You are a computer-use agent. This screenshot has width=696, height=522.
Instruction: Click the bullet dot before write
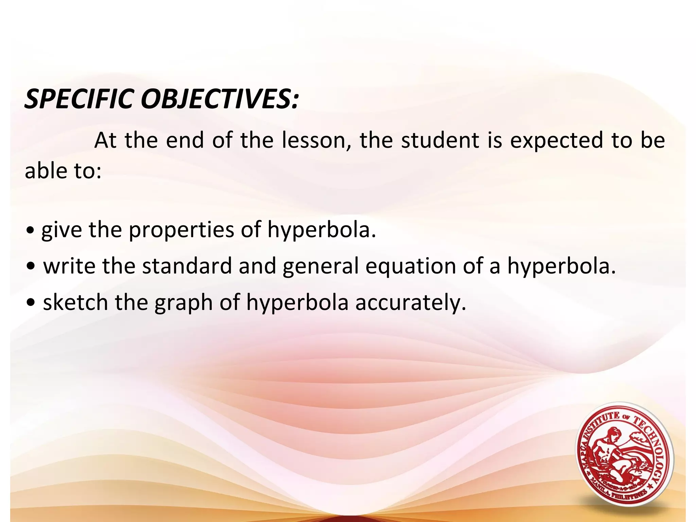click(x=31, y=267)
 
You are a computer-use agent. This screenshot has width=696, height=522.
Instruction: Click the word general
click(x=320, y=266)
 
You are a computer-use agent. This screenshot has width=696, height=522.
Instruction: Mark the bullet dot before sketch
click(x=31, y=303)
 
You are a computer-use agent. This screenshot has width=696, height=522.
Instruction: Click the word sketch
click(x=75, y=302)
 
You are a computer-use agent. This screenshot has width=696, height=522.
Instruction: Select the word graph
click(x=184, y=303)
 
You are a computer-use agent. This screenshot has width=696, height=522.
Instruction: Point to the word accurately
click(x=410, y=302)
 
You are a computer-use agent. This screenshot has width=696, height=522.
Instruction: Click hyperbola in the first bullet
click(x=321, y=230)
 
